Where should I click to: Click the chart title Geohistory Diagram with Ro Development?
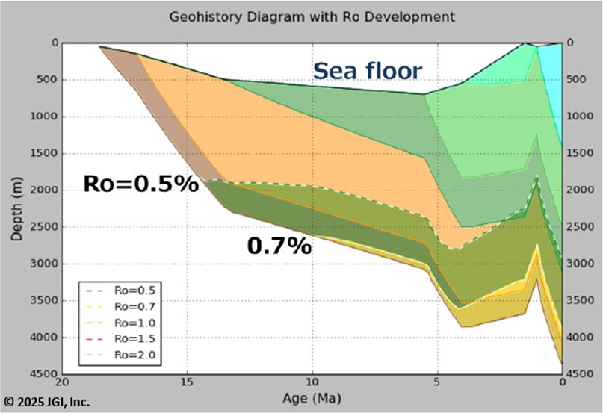[311, 16]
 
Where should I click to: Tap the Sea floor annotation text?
[367, 71]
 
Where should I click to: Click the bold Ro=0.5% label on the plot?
[140, 184]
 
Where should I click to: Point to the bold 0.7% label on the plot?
[279, 246]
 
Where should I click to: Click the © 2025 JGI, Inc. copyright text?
[46, 403]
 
